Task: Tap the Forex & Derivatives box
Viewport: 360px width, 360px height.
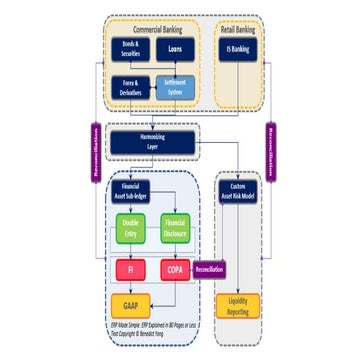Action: [131, 88]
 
